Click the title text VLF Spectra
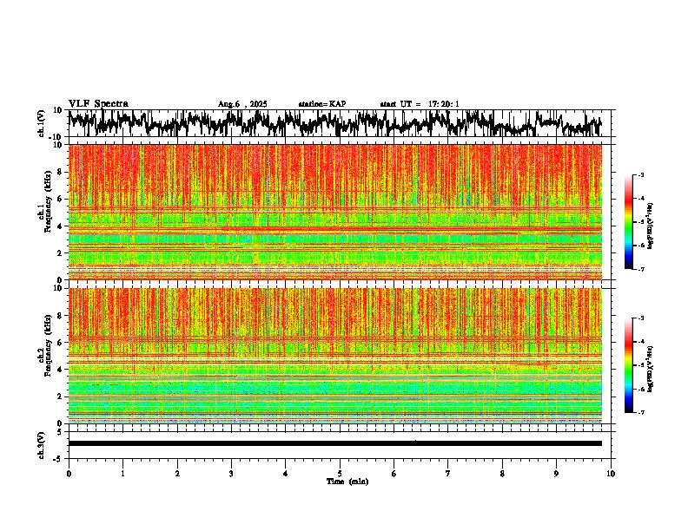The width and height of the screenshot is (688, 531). [x=98, y=103]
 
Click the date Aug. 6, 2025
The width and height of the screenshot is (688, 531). [x=242, y=104]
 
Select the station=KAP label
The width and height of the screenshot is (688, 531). [x=321, y=104]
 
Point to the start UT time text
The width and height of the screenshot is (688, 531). [x=420, y=104]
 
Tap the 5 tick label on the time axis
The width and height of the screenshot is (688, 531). [x=340, y=474]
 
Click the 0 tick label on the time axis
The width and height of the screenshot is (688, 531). [x=69, y=474]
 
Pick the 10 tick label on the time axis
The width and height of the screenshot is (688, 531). [x=611, y=474]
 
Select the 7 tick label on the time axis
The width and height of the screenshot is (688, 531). [x=448, y=474]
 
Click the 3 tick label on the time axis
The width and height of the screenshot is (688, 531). [x=231, y=474]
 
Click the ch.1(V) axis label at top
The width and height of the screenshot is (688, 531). [x=41, y=124]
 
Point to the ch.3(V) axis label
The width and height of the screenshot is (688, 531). [x=41, y=443]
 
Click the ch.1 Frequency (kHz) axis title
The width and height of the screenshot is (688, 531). [x=45, y=212]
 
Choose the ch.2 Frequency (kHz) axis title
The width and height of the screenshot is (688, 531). [x=45, y=355]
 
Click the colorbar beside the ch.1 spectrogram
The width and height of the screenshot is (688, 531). [x=636, y=222]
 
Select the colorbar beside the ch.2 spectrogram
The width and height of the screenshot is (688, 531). [x=636, y=365]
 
